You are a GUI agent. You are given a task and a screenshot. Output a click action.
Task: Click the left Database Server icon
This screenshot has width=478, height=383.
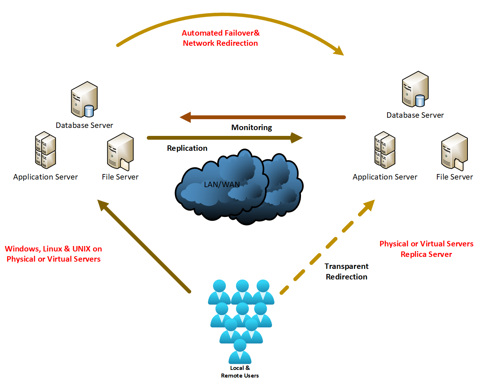click(84, 99)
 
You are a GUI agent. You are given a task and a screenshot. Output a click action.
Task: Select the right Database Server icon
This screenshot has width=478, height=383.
click(415, 89)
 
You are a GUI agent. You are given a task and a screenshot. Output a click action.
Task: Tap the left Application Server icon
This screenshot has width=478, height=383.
click(45, 150)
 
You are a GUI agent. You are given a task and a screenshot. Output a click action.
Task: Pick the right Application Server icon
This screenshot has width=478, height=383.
click(385, 150)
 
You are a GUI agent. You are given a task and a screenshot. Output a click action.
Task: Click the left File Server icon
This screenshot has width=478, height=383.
click(120, 152)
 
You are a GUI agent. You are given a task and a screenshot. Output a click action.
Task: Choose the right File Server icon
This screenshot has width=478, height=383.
click(454, 152)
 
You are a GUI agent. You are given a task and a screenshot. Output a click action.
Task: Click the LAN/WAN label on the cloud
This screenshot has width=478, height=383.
click(222, 185)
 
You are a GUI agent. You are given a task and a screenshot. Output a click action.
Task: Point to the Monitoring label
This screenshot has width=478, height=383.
click(252, 128)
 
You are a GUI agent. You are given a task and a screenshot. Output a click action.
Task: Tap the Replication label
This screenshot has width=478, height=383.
click(187, 148)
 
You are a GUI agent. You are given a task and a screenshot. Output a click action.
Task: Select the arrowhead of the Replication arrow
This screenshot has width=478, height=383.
click(297, 138)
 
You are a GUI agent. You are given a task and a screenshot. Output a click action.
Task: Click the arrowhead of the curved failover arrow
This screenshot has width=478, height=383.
click(339, 51)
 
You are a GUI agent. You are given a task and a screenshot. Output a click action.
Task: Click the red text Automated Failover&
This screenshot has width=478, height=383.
click(221, 33)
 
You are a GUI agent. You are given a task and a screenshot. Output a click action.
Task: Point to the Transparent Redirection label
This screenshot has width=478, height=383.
click(346, 271)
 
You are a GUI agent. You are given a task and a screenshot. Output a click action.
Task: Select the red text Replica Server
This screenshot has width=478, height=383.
click(426, 254)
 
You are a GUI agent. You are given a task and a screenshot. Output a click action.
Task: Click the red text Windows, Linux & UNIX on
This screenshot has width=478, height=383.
click(53, 249)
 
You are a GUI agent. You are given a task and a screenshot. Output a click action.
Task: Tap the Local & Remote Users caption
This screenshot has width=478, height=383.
click(240, 372)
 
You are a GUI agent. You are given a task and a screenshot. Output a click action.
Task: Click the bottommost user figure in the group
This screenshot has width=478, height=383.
click(240, 351)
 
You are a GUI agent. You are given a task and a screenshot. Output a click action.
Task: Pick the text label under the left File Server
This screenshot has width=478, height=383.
click(120, 177)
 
